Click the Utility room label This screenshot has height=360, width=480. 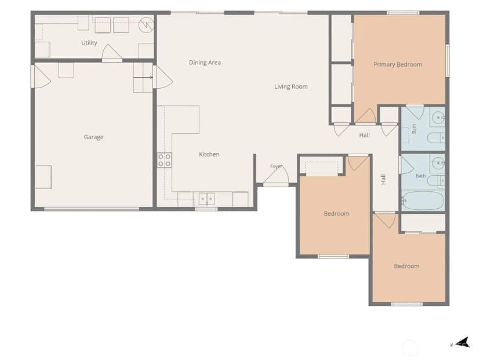point(89,43)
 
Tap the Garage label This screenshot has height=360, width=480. point(93,137)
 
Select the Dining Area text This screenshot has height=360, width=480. point(205,63)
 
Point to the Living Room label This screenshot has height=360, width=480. point(291,86)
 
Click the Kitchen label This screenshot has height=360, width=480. point(209,154)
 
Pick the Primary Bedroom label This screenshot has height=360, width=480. point(398,64)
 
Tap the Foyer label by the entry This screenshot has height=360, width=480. point(276,166)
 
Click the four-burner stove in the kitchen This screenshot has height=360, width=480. point(165,160)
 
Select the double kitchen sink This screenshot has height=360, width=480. point(206,199)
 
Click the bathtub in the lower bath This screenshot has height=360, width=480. point(423,201)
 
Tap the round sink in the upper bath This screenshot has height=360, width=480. point(438,118)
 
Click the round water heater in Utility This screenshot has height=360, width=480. point(146,25)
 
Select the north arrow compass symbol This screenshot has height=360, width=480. point(461,343)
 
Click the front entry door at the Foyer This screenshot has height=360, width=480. point(276,176)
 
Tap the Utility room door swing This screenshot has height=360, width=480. point(112,53)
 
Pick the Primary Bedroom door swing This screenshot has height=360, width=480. point(365,117)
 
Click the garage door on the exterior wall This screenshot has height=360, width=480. point(92,209)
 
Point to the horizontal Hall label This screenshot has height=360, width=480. point(364,135)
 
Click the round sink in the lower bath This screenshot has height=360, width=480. point(439,163)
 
